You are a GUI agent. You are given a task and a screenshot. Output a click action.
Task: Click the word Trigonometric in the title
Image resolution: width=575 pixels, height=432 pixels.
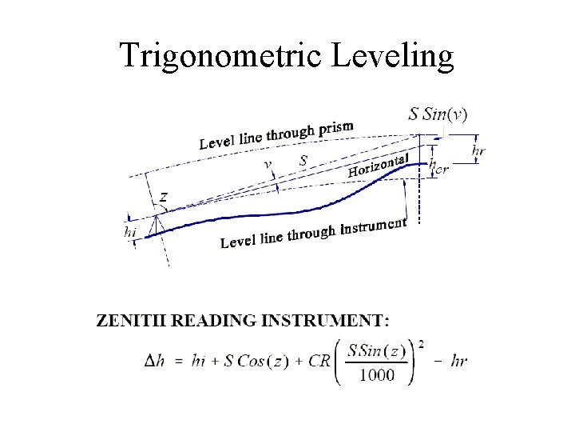(211, 56)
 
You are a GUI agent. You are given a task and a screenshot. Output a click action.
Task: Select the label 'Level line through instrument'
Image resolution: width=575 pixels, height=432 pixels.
(313, 232)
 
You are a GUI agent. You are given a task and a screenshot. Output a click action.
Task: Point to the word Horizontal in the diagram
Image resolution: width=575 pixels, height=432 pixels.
(379, 166)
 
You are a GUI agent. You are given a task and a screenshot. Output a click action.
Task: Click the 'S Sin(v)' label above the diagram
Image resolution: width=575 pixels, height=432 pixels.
(438, 114)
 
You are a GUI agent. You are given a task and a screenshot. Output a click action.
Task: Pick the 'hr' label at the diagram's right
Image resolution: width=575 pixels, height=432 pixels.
(478, 150)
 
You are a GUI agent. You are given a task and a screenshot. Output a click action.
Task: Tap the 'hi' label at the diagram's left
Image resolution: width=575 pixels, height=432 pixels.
(131, 231)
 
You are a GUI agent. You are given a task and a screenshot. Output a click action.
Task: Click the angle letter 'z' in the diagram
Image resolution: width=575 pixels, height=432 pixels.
(163, 196)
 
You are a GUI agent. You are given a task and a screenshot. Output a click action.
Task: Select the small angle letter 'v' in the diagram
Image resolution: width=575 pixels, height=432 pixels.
(268, 164)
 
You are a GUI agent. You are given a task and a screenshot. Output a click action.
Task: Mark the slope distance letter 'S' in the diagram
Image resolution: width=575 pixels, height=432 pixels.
(303, 160)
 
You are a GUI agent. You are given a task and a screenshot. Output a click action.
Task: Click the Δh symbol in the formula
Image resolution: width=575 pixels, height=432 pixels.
(155, 361)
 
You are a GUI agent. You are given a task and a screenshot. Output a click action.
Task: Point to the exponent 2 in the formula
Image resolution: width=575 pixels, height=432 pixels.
(421, 344)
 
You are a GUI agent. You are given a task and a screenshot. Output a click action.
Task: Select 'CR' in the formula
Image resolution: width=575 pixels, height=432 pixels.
(319, 361)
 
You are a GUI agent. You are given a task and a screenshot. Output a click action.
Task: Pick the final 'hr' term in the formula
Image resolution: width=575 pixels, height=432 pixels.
(459, 361)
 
